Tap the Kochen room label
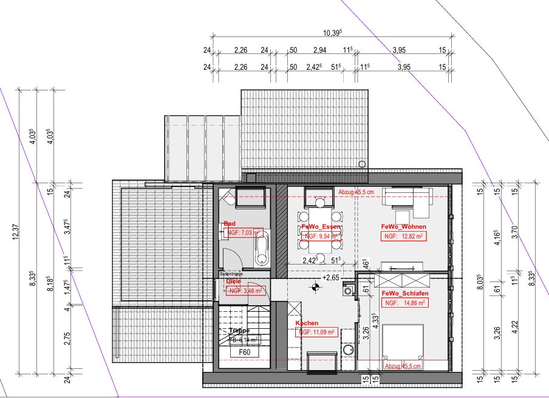(x=307, y=323)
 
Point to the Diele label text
(x=233, y=282)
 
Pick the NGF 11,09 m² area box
(x=316, y=332)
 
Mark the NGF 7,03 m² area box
(x=244, y=232)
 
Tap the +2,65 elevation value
(x=331, y=278)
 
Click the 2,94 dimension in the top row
(x=319, y=50)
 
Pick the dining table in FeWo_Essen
(x=319, y=231)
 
